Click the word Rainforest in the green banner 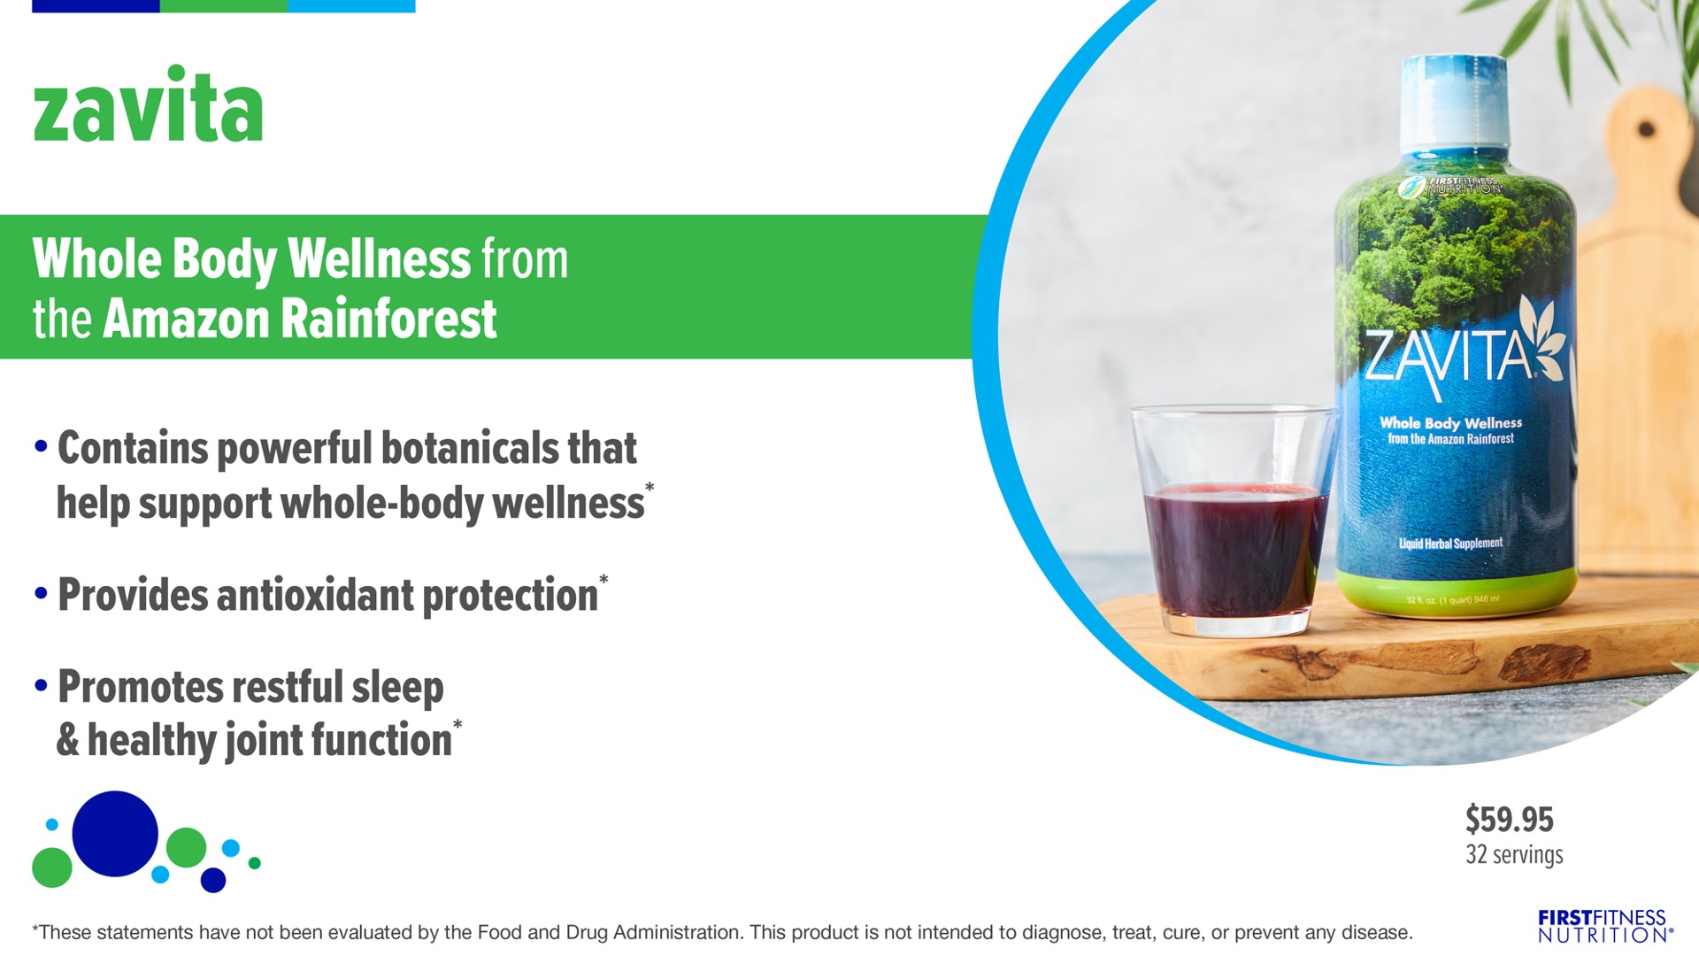tap(388, 319)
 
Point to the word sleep tap(397, 689)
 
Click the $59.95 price tap(1509, 820)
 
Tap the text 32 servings tap(1514, 854)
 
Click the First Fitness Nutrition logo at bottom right tap(1604, 926)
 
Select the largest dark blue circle tap(115, 834)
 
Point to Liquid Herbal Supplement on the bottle tap(1450, 543)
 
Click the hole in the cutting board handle tap(1646, 129)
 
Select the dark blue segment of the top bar tap(96, 6)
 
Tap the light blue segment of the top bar tap(351, 6)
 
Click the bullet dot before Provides tap(41, 593)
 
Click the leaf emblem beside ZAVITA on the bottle tap(1544, 341)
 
